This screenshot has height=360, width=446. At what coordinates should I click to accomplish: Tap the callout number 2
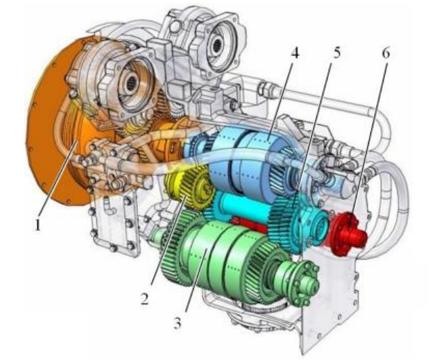pyautogui.click(x=144, y=298)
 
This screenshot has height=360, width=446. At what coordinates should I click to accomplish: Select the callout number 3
pyautogui.click(x=177, y=323)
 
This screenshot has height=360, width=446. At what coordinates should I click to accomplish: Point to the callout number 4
pyautogui.click(x=295, y=52)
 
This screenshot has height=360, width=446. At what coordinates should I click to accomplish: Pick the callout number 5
pyautogui.click(x=336, y=52)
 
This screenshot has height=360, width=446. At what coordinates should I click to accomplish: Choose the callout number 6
pyautogui.click(x=386, y=52)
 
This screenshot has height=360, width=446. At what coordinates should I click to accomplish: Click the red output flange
pyautogui.click(x=348, y=233)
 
